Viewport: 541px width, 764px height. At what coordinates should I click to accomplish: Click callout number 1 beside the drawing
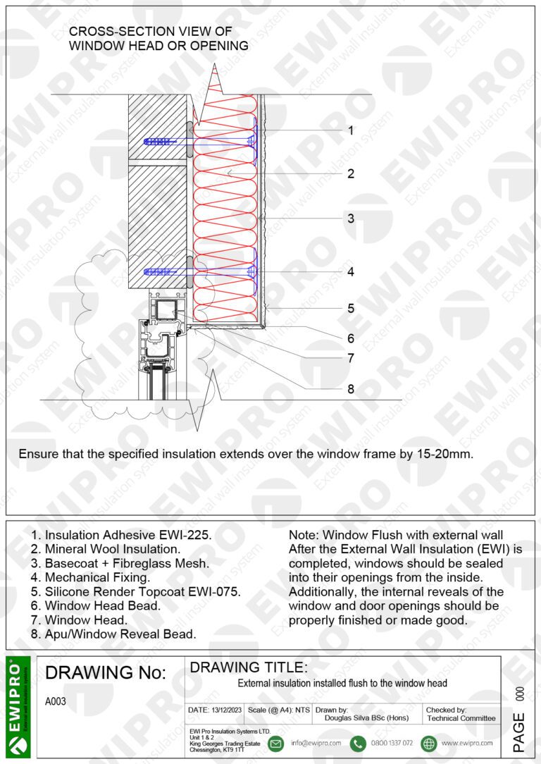point(351,130)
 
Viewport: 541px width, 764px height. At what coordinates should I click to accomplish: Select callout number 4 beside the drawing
point(351,272)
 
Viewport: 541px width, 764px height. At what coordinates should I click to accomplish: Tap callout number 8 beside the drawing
point(351,389)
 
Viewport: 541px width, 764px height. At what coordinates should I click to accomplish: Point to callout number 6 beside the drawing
point(351,338)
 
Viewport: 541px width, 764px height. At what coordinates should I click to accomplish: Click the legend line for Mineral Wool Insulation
point(106,548)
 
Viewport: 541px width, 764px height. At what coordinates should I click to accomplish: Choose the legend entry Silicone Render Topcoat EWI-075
point(135,591)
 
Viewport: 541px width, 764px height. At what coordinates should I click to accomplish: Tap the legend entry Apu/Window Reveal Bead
point(113,634)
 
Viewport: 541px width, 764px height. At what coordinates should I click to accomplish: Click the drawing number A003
point(56,702)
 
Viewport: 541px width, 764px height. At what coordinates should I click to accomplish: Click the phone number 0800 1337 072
point(392,744)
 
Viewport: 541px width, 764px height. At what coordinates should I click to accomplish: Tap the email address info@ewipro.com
point(316,744)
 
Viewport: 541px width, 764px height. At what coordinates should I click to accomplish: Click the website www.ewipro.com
point(467,744)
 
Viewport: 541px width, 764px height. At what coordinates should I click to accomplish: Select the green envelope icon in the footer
point(276,744)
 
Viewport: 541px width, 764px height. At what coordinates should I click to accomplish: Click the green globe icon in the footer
point(428,744)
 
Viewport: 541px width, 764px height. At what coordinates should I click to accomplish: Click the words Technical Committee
point(461,718)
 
